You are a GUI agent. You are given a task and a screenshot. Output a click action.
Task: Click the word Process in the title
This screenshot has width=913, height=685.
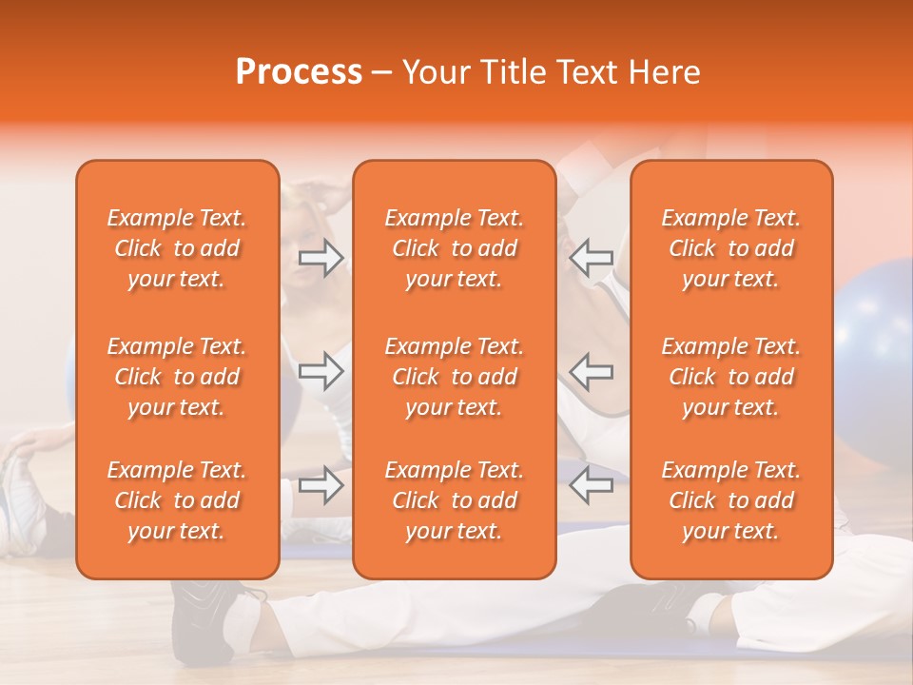click(x=299, y=72)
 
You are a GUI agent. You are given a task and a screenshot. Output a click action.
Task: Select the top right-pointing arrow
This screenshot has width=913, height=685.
click(x=321, y=258)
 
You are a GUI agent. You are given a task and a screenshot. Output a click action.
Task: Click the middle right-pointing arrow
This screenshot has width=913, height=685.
click(x=321, y=371)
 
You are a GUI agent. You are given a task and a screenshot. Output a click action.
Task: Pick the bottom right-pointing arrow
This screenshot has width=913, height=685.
click(x=321, y=485)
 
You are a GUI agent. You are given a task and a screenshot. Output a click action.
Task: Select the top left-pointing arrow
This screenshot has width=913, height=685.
click(x=592, y=258)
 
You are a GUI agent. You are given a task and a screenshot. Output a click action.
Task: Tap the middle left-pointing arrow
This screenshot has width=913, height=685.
click(x=592, y=371)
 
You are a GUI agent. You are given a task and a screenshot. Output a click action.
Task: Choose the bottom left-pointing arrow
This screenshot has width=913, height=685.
click(x=592, y=485)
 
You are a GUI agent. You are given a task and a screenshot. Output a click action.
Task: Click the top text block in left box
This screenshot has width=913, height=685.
click(x=177, y=248)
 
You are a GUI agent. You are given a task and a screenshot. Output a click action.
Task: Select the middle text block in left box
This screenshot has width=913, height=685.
click(x=177, y=377)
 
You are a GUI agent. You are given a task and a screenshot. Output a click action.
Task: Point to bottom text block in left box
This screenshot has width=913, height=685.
click(x=177, y=500)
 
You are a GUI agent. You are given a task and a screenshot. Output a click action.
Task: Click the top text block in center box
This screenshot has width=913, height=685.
click(x=455, y=248)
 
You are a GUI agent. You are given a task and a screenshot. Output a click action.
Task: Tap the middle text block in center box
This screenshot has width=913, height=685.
click(x=455, y=377)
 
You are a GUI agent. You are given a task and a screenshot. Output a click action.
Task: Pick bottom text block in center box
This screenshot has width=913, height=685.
click(x=455, y=500)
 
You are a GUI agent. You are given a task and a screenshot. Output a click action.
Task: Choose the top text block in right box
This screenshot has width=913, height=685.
click(x=731, y=248)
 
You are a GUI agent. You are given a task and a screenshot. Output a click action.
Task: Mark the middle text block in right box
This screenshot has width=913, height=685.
click(x=731, y=377)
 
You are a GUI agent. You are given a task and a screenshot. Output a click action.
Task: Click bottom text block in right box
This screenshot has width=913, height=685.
click(x=731, y=500)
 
